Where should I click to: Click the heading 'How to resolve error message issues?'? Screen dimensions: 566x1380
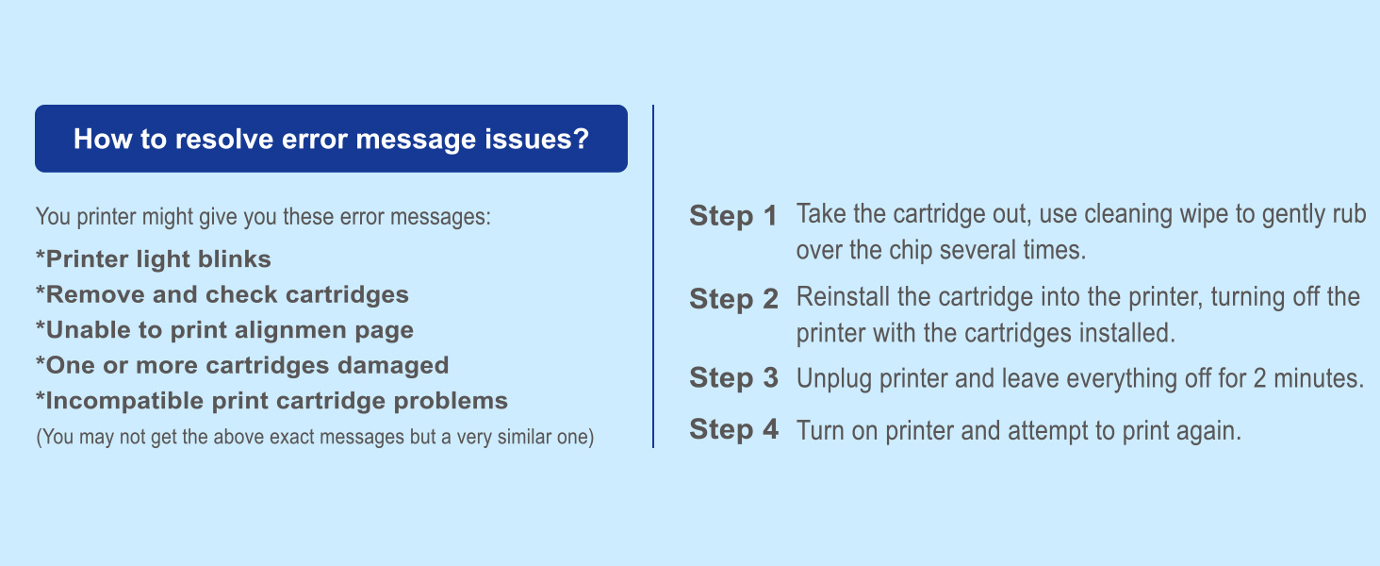pos(331,140)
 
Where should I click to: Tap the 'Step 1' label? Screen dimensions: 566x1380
pos(733,216)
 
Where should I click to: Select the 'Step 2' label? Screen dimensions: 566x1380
pos(733,300)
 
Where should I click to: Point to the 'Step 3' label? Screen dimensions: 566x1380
pos(733,378)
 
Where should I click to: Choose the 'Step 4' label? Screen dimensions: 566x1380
pos(733,430)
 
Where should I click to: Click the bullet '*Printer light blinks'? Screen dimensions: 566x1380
pos(153,258)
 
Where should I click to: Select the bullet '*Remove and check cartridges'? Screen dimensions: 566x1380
pos(222,294)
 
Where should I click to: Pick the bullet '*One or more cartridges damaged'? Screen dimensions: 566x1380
pos(241,365)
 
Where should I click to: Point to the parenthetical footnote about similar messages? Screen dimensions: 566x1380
pos(314,438)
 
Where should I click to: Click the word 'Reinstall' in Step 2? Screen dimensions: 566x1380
pos(841,297)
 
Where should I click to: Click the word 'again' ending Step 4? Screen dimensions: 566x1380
pos(1212,432)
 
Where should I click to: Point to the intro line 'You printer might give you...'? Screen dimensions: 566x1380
pos(263,217)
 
